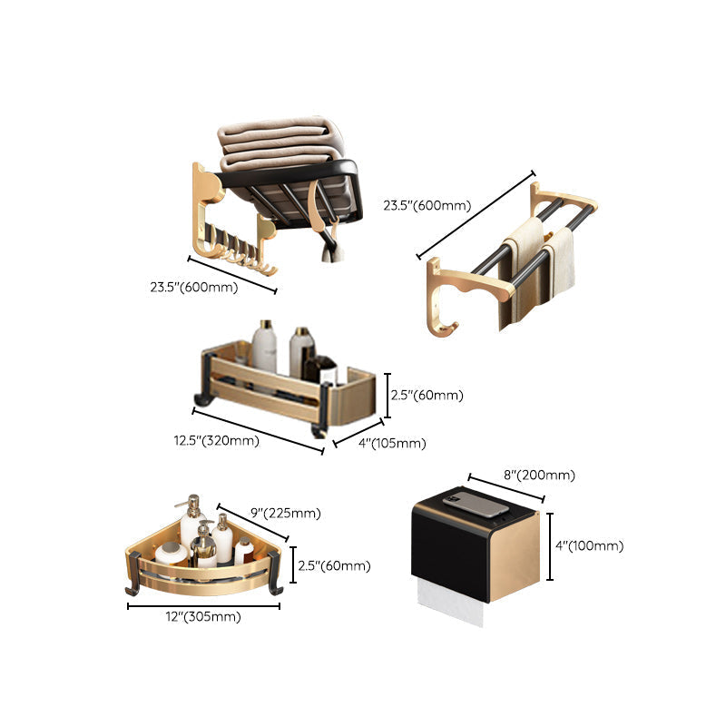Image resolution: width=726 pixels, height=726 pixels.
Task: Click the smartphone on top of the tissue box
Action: [476, 505]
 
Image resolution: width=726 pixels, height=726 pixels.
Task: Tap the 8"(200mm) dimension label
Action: [539, 475]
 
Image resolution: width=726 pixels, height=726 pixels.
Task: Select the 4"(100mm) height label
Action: [589, 546]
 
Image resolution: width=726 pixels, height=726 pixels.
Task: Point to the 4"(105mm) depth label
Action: [392, 444]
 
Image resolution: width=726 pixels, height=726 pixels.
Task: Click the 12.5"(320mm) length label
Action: [216, 440]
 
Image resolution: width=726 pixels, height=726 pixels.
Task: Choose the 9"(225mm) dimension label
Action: [286, 513]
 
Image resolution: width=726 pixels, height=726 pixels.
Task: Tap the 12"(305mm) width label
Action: [203, 617]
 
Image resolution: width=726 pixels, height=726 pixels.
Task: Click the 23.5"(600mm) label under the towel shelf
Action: [194, 287]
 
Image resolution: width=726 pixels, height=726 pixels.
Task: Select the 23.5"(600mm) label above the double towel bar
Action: [427, 205]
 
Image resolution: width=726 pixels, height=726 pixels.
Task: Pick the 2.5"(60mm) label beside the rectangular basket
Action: [427, 395]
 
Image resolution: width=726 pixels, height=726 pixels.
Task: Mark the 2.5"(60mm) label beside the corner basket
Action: [334, 565]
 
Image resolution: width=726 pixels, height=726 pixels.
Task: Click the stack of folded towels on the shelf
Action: [281, 144]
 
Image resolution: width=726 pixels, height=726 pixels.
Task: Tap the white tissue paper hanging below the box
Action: [450, 601]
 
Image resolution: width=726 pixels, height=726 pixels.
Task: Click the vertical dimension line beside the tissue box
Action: [550, 546]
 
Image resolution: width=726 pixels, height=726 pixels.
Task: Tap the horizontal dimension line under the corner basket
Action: [203, 605]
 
